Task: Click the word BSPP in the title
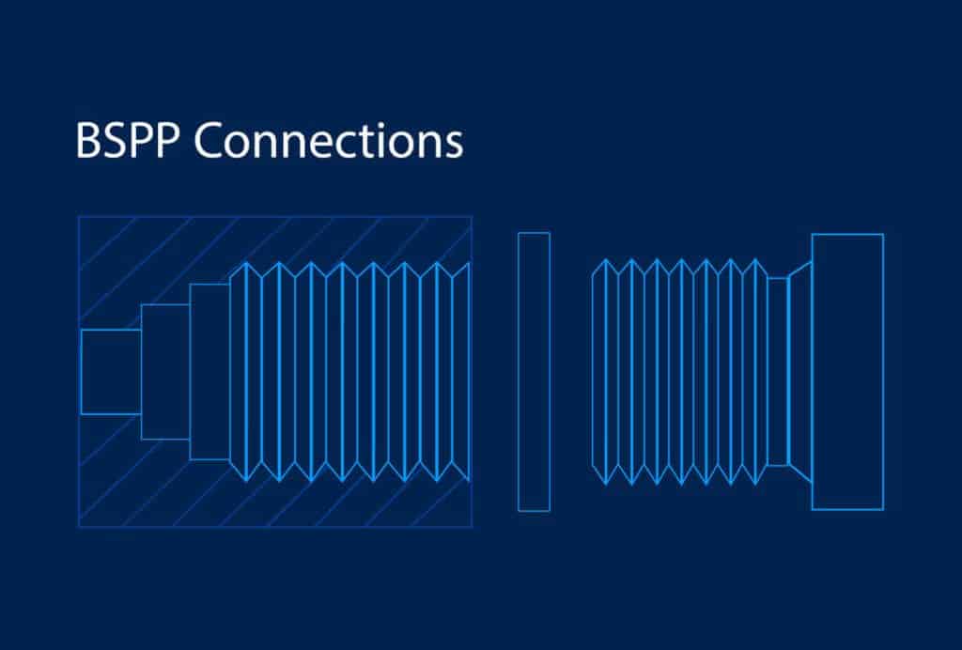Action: (128, 140)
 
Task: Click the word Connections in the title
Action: (329, 140)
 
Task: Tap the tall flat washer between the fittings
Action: (534, 372)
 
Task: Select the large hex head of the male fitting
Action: (848, 372)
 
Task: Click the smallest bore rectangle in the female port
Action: (111, 372)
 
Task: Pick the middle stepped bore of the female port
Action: (165, 372)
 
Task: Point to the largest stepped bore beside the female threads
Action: (209, 372)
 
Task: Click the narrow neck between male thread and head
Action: (778, 372)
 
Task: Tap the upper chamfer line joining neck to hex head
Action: (800, 270)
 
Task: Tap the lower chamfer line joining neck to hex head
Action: (800, 474)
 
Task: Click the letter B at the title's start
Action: (87, 141)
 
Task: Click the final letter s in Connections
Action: (454, 146)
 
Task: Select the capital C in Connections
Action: (209, 140)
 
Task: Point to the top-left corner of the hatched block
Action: (79, 216)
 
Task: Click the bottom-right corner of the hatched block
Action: (472, 527)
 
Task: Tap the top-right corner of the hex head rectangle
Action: (883, 234)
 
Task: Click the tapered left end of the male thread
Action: (594, 372)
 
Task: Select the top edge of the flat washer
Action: (534, 233)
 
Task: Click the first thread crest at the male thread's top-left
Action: (606, 260)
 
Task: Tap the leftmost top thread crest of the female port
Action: (247, 263)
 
